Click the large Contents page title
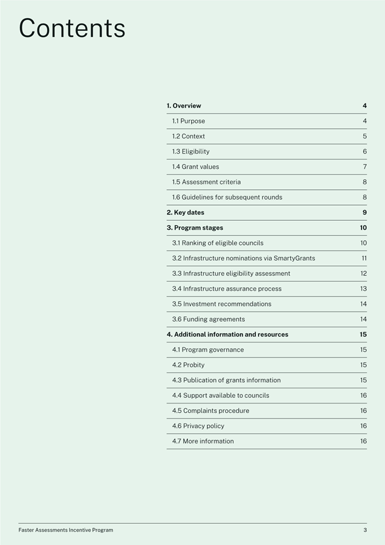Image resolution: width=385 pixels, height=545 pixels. (72, 28)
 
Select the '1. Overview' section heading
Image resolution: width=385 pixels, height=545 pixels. (184, 106)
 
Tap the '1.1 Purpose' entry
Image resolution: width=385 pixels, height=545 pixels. (189, 121)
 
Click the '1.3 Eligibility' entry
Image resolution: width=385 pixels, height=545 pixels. (191, 152)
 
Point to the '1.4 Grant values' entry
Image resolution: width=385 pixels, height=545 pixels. (196, 167)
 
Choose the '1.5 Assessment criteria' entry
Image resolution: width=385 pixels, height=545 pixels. (206, 182)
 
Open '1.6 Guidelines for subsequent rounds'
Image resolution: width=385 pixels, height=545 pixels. (227, 197)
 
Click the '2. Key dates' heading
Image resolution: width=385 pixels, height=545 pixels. (186, 213)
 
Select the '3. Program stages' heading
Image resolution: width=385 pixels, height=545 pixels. (195, 228)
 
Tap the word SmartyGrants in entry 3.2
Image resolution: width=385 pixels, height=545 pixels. (294, 258)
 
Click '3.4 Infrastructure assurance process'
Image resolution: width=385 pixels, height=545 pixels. (227, 289)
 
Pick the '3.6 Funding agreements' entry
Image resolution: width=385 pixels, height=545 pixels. (209, 319)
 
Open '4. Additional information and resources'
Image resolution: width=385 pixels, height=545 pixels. (227, 335)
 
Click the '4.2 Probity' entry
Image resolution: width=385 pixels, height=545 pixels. (189, 365)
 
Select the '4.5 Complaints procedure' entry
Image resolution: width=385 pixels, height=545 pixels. (210, 411)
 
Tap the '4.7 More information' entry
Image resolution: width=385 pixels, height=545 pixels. (203, 442)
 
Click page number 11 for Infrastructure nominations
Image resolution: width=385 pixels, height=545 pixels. (364, 258)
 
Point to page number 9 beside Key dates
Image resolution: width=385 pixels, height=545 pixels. (364, 213)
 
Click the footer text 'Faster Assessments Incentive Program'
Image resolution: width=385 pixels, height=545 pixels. (66, 530)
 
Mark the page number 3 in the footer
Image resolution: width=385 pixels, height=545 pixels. (365, 530)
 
